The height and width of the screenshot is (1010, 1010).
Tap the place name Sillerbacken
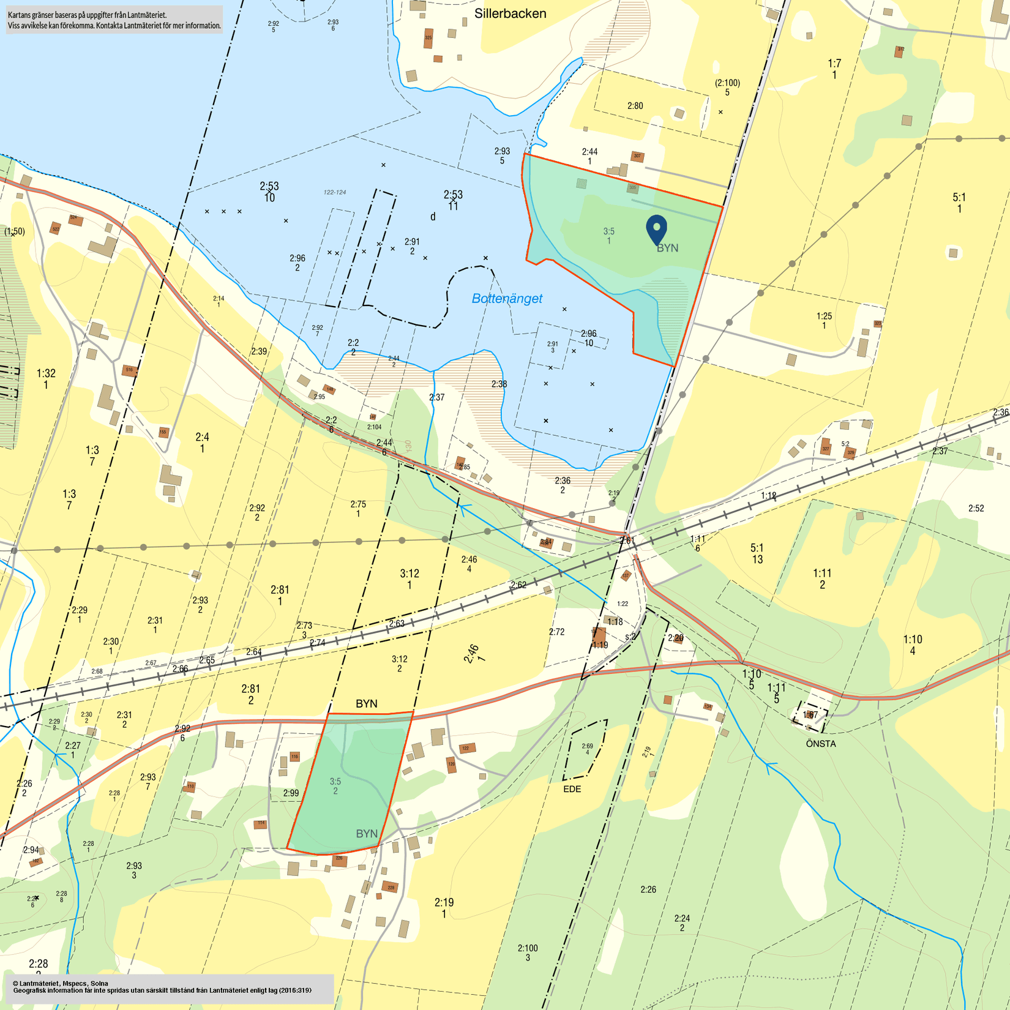click(x=510, y=13)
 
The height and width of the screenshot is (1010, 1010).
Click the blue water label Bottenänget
click(x=507, y=299)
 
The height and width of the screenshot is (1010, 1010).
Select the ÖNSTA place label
click(x=820, y=744)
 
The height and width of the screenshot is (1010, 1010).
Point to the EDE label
click(x=572, y=789)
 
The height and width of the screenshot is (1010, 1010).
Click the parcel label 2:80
click(x=635, y=106)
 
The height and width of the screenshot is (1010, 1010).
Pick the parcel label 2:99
click(x=291, y=793)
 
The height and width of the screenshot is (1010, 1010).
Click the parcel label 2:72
click(x=556, y=632)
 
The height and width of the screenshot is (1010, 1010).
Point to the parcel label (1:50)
click(x=15, y=231)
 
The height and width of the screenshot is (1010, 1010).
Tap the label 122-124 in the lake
click(x=335, y=192)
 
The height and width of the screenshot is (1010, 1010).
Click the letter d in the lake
click(x=433, y=217)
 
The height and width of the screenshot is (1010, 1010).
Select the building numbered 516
click(x=129, y=370)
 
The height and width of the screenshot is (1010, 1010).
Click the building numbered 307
click(x=637, y=156)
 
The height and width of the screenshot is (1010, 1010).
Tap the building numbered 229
click(x=390, y=887)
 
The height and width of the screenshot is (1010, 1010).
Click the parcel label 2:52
click(x=976, y=508)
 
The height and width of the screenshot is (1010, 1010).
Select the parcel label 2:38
click(x=499, y=384)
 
